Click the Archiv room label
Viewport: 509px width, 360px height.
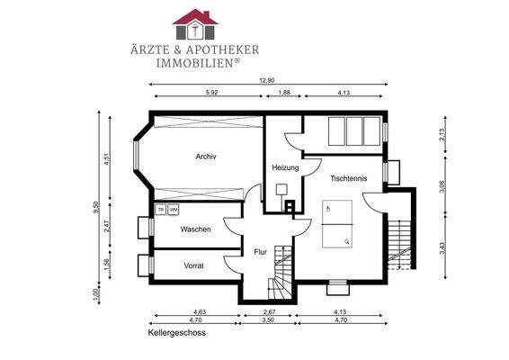click(206, 157)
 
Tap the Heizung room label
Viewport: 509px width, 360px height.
click(285, 168)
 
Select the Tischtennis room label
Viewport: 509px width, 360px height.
click(348, 178)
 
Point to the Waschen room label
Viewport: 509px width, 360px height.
click(195, 229)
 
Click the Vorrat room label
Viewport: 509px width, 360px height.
click(193, 265)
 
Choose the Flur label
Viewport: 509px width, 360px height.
click(260, 251)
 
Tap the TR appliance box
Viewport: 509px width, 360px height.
click(160, 210)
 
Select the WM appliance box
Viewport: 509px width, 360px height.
click(174, 210)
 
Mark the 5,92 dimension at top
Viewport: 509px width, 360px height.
click(211, 93)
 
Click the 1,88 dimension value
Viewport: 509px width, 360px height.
click(284, 93)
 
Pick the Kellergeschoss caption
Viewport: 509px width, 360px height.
click(177, 333)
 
